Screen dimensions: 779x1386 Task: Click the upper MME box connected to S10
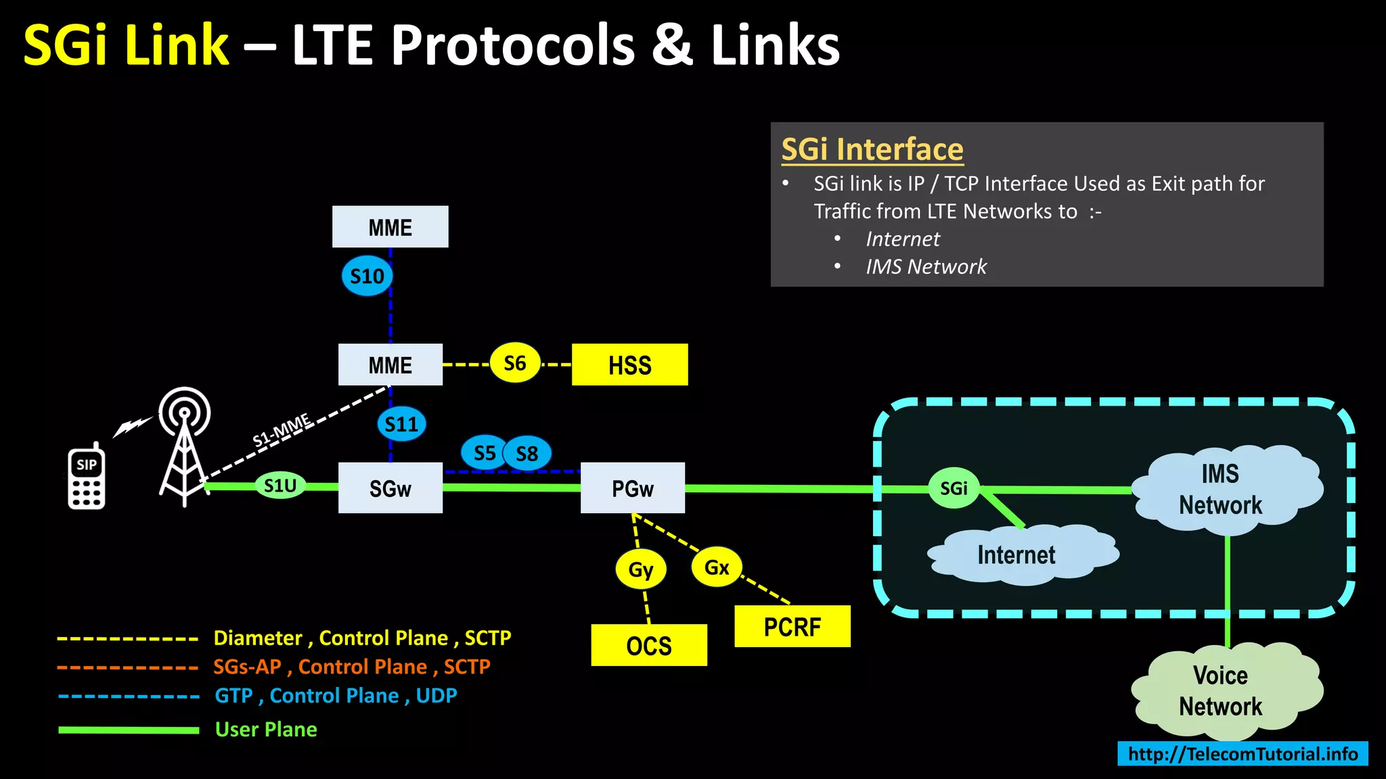coord(390,227)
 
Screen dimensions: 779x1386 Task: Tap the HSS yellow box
coord(629,364)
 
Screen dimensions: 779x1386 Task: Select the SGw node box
coord(390,488)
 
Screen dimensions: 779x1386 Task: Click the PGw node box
coord(632,488)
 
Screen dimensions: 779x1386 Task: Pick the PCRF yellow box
coord(792,626)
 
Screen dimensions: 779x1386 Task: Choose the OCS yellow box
coord(648,645)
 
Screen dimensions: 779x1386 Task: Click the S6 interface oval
coord(514,363)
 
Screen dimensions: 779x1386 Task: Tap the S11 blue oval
coord(401,424)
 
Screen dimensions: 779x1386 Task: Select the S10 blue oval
coord(367,276)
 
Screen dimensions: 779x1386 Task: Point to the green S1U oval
coord(280,486)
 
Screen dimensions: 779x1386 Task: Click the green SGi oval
coord(954,488)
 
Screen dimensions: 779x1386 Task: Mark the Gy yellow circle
coord(640,569)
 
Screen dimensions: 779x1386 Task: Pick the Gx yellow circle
coord(717,567)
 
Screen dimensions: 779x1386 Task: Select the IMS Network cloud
coord(1222,490)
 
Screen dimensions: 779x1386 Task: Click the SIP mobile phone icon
coord(86,477)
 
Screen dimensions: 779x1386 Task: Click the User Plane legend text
coord(266,729)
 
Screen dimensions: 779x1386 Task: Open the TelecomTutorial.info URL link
coord(1243,753)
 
